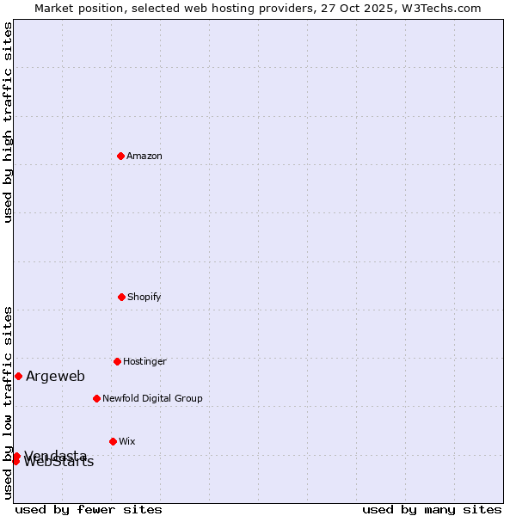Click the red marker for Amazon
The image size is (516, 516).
click(120, 156)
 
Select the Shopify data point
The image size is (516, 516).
click(121, 297)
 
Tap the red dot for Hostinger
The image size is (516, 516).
click(117, 361)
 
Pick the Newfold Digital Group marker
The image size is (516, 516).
click(96, 398)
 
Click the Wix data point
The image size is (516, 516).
click(113, 441)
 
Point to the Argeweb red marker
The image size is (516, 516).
click(18, 376)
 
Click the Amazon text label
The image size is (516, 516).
click(144, 156)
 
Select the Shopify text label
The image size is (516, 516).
click(144, 297)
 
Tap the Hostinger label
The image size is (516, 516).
click(144, 361)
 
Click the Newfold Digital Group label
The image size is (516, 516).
click(152, 398)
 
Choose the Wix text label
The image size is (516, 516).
click(127, 441)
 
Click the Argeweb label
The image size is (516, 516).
click(55, 376)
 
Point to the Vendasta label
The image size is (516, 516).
click(55, 454)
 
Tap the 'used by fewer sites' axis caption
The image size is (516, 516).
click(89, 509)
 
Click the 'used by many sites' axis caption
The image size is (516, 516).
click(432, 509)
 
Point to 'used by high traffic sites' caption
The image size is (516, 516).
click(8, 122)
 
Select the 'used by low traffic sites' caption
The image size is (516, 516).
click(8, 402)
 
